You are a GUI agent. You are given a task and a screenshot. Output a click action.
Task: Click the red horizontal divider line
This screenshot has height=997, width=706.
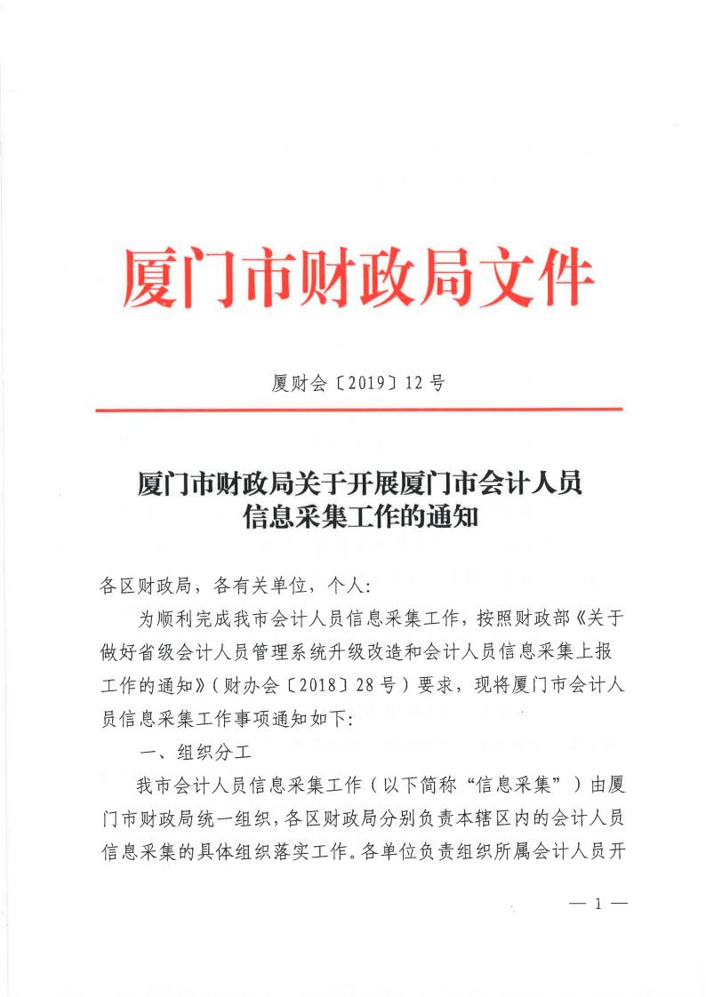358,410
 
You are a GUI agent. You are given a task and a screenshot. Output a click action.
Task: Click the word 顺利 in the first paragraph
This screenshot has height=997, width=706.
179,616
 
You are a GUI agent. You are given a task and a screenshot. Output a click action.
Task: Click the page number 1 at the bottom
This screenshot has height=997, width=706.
598,905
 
